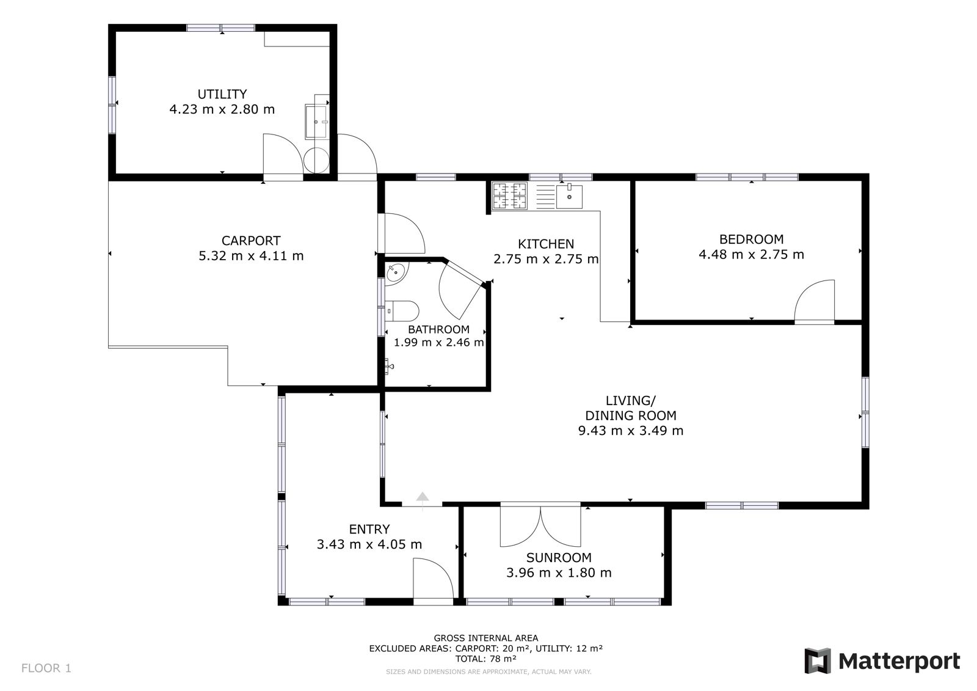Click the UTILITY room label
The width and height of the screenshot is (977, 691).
(x=222, y=94)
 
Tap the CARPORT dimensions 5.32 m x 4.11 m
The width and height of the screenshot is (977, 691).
(x=251, y=255)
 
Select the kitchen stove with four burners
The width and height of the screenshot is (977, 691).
(x=509, y=196)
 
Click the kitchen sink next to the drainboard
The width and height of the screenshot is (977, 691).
(x=569, y=197)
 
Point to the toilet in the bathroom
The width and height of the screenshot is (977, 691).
(x=402, y=310)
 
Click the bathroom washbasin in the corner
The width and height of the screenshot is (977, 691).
(x=396, y=274)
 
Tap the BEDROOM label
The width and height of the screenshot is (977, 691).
(x=751, y=239)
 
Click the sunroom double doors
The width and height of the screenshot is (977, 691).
(x=540, y=525)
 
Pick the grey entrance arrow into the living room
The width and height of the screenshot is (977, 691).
(x=422, y=496)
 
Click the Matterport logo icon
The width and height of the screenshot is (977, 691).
(x=818, y=660)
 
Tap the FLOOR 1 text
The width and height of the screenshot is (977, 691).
(x=46, y=668)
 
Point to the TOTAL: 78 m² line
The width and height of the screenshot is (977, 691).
(x=486, y=659)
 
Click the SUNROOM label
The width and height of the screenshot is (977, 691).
(x=559, y=557)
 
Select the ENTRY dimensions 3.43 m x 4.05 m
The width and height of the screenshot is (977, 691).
(x=369, y=544)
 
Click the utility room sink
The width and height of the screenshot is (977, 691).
(x=316, y=122)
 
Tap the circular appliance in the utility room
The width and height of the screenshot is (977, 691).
(x=316, y=160)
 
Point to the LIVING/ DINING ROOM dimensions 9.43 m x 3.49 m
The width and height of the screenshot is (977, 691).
(x=631, y=430)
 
